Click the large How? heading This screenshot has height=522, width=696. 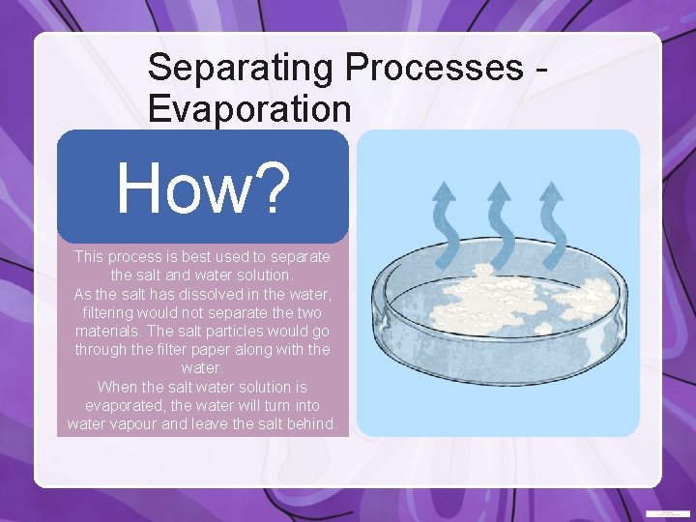[203, 188]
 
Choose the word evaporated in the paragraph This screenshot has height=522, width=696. [123, 405]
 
